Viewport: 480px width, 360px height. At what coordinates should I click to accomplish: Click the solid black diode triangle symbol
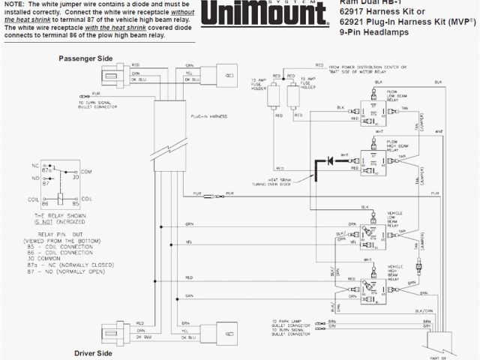(x=328, y=160)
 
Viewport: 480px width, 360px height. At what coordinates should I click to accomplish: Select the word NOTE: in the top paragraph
(x=16, y=4)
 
